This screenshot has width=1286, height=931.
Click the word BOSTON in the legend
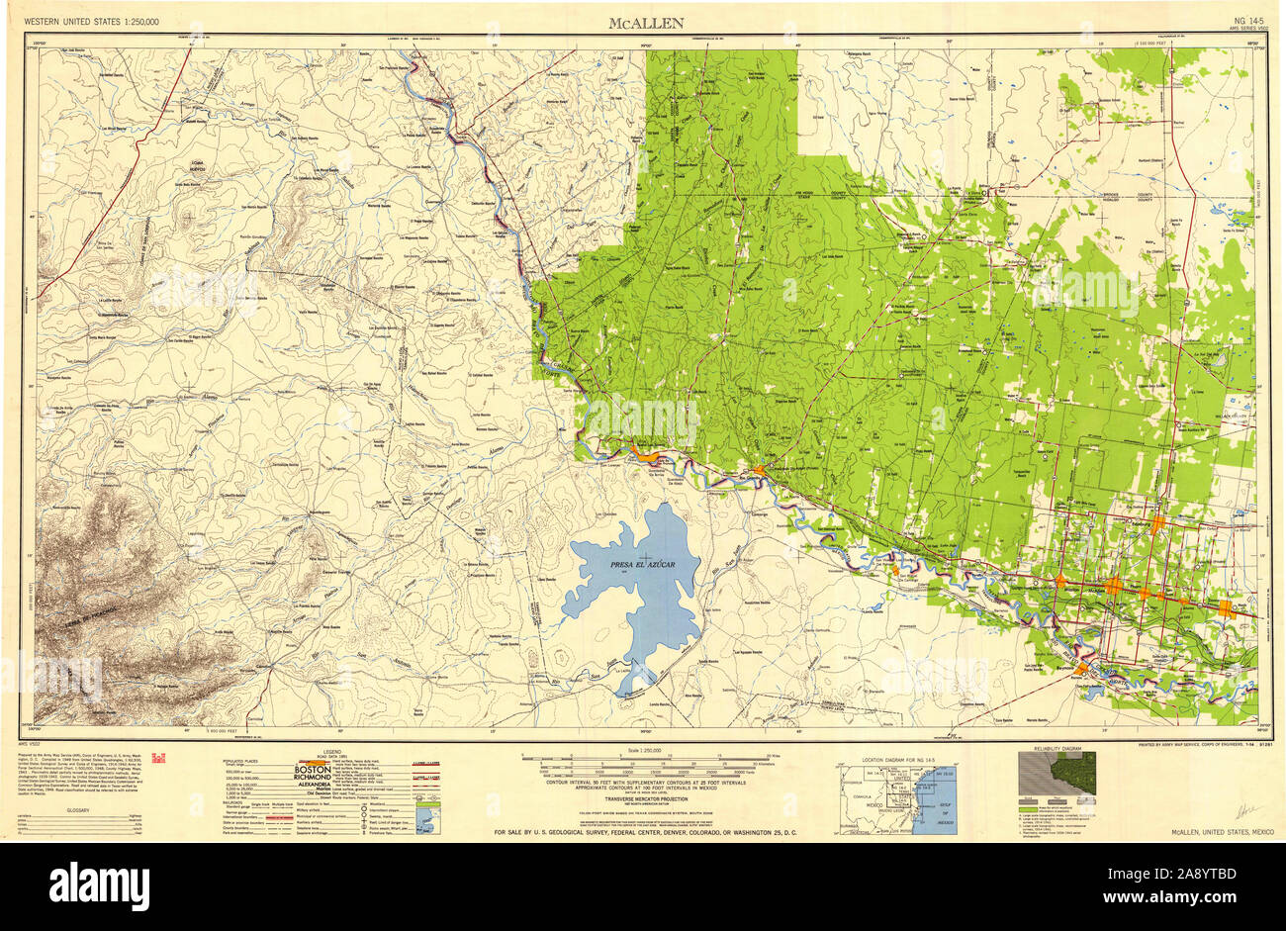[x=313, y=769]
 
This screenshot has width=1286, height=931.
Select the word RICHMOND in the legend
[x=315, y=779]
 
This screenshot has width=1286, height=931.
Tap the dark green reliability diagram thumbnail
[x=1056, y=773]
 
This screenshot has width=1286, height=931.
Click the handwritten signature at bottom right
[x=1241, y=809]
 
